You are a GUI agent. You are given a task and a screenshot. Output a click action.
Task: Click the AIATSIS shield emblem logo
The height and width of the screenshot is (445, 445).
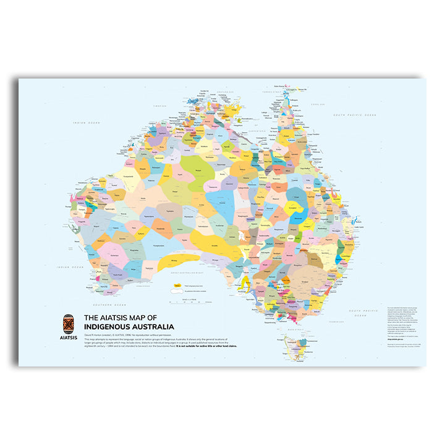click(x=69, y=324)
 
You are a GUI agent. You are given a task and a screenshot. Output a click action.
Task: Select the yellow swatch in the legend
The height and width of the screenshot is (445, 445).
click(x=177, y=286)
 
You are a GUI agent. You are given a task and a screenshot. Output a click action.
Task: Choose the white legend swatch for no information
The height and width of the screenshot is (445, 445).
click(x=177, y=291)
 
